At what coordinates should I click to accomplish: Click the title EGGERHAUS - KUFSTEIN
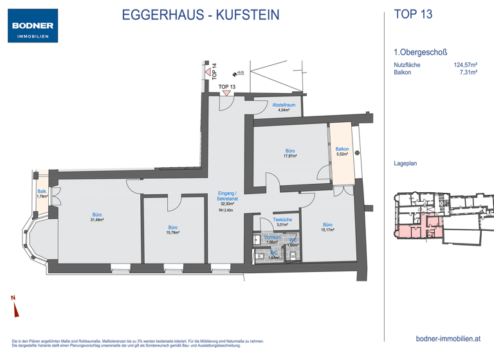click(201, 15)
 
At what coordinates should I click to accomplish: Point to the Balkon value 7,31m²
click(470, 73)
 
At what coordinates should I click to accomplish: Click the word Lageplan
click(405, 163)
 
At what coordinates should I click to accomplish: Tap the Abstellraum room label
click(284, 107)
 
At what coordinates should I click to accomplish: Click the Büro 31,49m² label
click(97, 217)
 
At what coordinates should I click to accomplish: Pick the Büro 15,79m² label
click(173, 230)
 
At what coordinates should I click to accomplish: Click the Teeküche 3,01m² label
click(283, 222)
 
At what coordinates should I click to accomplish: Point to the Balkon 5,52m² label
click(342, 152)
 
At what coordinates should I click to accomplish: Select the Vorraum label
click(272, 239)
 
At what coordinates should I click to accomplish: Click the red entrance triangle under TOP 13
click(227, 93)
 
